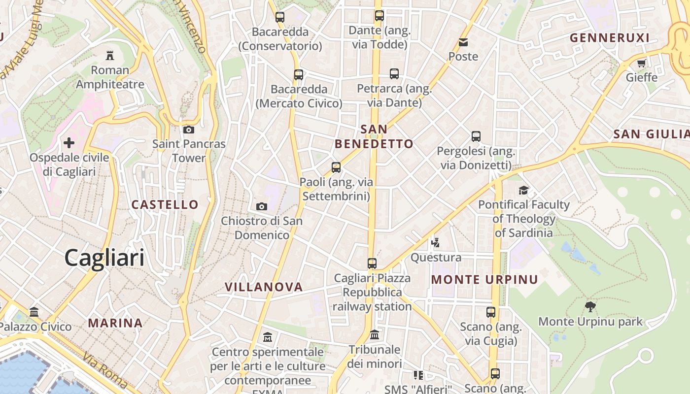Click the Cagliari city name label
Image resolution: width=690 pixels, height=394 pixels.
click(x=104, y=258)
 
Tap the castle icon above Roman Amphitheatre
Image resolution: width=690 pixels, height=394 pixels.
click(x=110, y=55)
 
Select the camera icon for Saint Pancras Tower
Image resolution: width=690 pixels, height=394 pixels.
click(x=188, y=130)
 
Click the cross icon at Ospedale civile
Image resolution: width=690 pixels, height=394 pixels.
click(x=69, y=143)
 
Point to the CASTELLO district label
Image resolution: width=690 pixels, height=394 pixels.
click(x=165, y=204)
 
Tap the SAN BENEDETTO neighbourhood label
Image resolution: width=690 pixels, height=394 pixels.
click(x=374, y=136)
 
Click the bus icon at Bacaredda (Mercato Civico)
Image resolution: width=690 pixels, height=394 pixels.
click(x=298, y=75)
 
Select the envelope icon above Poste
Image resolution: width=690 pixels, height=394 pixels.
click(x=463, y=42)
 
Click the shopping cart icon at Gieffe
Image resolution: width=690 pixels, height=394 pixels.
click(x=641, y=63)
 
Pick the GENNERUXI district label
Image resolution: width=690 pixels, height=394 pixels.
click(x=609, y=38)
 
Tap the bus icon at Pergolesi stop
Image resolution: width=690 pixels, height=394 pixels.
click(x=476, y=136)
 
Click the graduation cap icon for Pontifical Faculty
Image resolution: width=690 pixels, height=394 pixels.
click(x=523, y=190)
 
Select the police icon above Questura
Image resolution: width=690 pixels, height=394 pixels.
click(x=435, y=242)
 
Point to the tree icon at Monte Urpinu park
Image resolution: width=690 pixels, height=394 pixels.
click(x=590, y=307)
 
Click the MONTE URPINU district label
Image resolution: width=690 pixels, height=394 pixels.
click(x=484, y=280)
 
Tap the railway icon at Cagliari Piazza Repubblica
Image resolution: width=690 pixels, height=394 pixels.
click(x=372, y=263)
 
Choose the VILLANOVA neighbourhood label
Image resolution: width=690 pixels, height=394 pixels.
click(x=263, y=287)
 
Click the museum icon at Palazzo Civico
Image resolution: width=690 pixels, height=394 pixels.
click(x=34, y=312)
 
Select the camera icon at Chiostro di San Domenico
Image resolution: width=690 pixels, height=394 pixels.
click(x=262, y=206)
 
